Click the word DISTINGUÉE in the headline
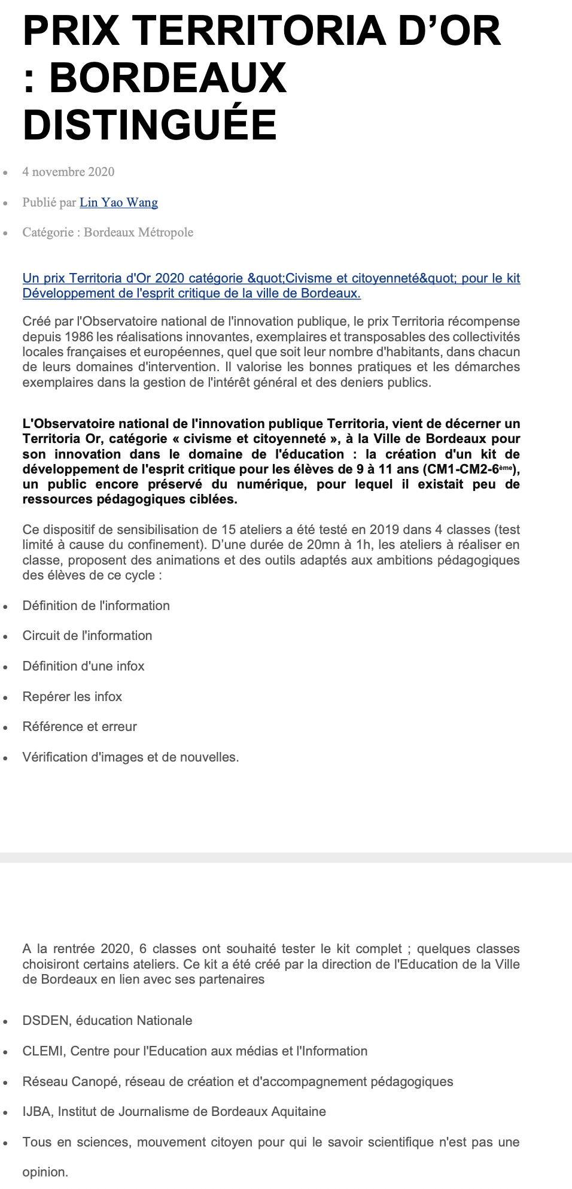pyautogui.click(x=150, y=125)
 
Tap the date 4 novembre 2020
pyautogui.click(x=68, y=172)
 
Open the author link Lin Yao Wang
pyautogui.click(x=118, y=202)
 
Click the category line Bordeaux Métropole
pyautogui.click(x=108, y=232)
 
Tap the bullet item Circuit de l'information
pyautogui.click(x=87, y=636)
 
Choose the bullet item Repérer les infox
pyautogui.click(x=72, y=697)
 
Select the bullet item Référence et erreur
pyautogui.click(x=80, y=727)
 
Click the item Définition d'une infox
pyautogui.click(x=84, y=666)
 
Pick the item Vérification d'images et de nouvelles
pyautogui.click(x=130, y=757)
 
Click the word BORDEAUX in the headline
pyautogui.click(x=168, y=78)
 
